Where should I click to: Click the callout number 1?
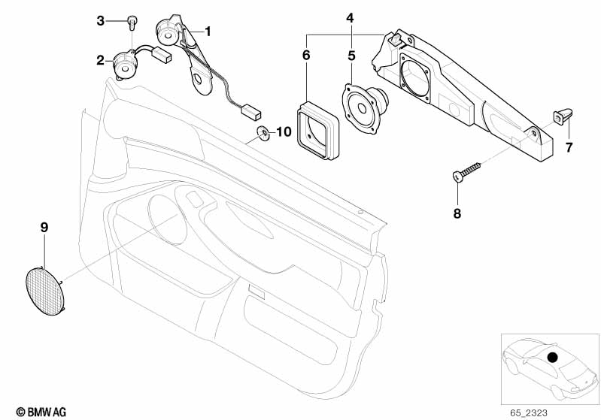pos(208,32)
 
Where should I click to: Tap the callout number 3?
pos(100,20)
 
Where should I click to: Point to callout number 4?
pos(350,17)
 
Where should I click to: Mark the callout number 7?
pos(569,147)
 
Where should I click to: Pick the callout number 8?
pos(457,213)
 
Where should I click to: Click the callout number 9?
pos(43,226)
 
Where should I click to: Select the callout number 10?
pos(283,132)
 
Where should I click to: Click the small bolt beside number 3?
pos(131,21)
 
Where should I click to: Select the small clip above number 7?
pos(563,115)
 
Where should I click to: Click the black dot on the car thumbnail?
pos(553,357)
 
